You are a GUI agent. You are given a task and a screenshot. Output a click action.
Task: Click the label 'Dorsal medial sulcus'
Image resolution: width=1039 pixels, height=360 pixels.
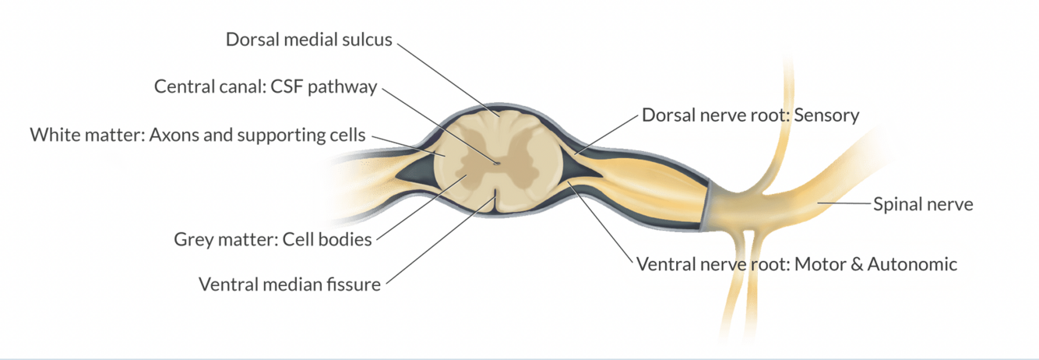[x=309, y=39]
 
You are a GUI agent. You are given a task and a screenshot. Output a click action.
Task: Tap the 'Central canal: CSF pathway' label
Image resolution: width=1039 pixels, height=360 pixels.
[x=266, y=86]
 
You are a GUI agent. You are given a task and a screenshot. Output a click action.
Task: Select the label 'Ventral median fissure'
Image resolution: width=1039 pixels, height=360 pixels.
[x=290, y=284]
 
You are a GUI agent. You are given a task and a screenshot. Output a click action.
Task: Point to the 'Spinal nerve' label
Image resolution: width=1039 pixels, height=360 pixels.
[x=923, y=205]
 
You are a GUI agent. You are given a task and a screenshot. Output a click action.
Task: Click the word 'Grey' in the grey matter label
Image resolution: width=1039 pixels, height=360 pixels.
[x=194, y=238]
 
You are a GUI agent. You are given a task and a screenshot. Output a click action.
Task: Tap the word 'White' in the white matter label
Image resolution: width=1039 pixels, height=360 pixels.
[x=52, y=135]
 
